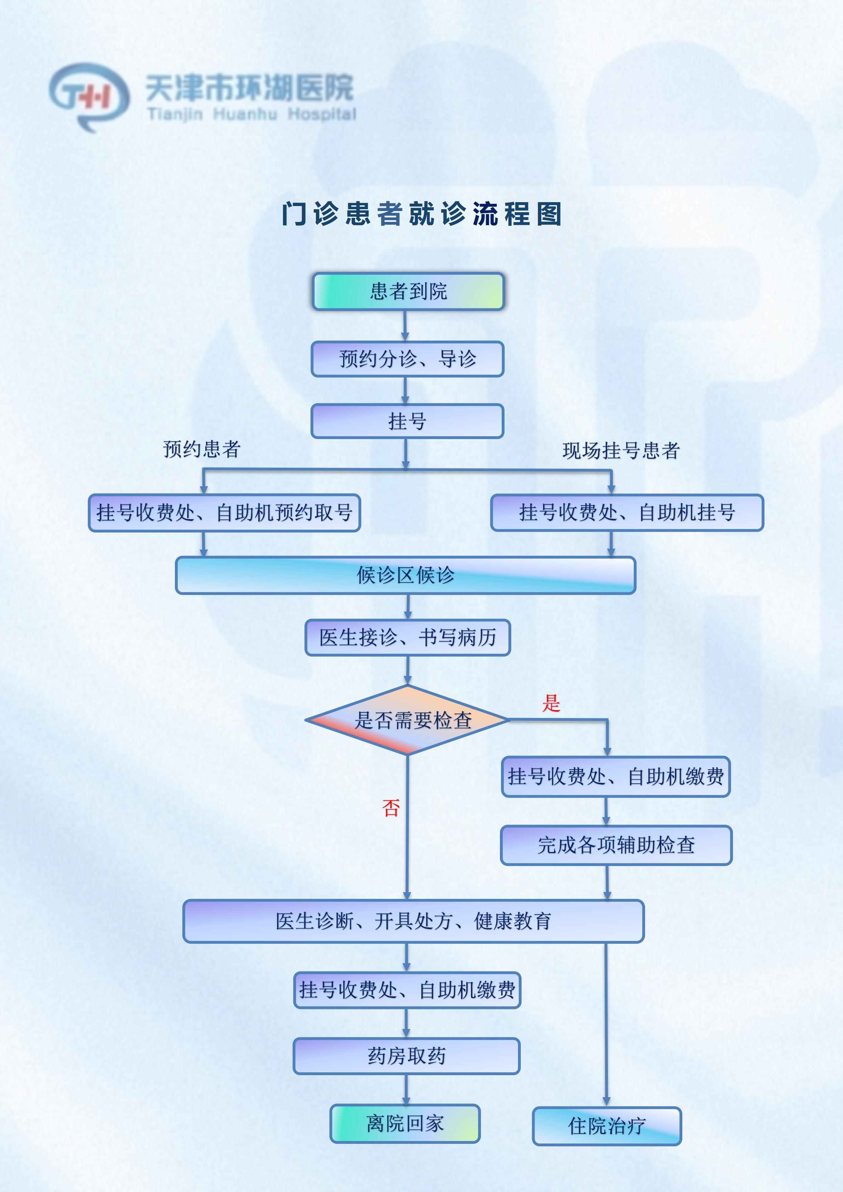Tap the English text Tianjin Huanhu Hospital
point(252,114)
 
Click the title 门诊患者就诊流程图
point(421,214)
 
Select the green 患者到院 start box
point(408,291)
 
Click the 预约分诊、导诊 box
point(408,359)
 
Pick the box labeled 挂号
point(408,421)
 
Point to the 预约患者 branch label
point(202,449)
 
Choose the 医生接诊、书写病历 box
point(408,638)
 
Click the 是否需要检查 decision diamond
point(408,720)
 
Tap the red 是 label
point(551,703)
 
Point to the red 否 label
point(391,807)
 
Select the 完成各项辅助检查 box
point(616,845)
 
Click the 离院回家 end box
point(405,1123)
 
